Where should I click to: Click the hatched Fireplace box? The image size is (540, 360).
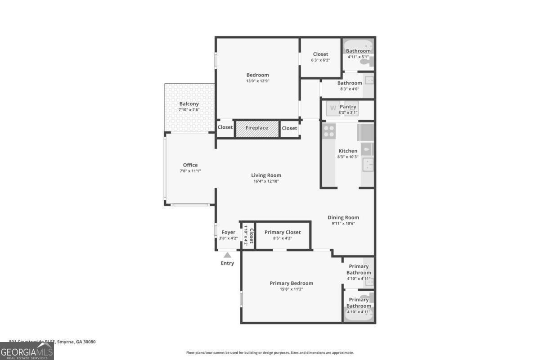[257, 128]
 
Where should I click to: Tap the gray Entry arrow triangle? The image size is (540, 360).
[228, 255]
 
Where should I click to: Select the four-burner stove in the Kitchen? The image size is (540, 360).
[329, 130]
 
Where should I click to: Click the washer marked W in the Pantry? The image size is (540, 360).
[333, 108]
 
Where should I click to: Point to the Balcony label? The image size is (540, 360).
[189, 104]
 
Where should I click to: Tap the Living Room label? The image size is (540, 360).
[266, 175]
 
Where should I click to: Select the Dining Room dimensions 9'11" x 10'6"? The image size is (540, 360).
[343, 224]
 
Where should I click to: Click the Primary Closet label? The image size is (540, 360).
[283, 232]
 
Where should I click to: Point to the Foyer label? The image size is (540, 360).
[228, 232]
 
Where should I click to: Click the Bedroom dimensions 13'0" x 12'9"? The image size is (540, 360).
[257, 81]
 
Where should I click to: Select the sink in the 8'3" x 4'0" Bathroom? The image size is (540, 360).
[369, 81]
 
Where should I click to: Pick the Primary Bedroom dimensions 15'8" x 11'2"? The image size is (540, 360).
[291, 289]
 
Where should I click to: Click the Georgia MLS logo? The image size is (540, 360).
[27, 351]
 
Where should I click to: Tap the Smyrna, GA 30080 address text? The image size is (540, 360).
[76, 342]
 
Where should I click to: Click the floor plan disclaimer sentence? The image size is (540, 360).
[270, 353]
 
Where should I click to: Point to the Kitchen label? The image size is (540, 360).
[348, 151]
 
